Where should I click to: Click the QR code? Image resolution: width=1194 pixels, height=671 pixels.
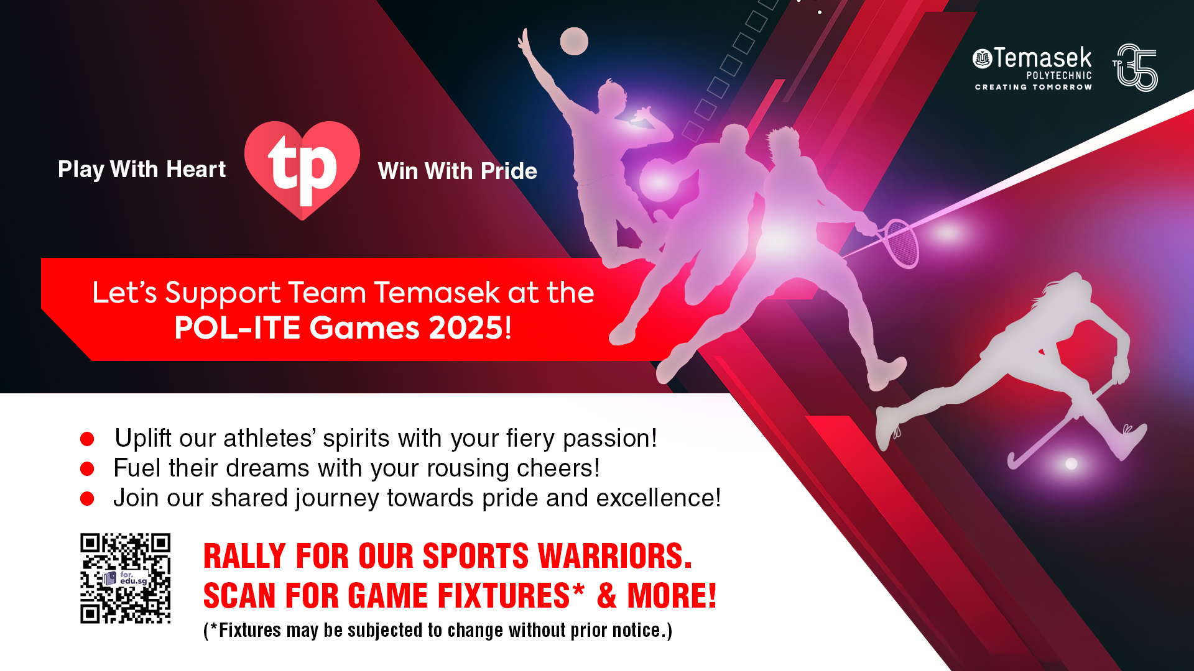(x=125, y=578)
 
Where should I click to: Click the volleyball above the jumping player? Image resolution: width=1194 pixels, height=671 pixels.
(x=574, y=41)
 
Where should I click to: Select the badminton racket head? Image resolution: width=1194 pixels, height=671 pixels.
(x=901, y=243)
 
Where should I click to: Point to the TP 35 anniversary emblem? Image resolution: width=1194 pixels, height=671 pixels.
(x=1135, y=67)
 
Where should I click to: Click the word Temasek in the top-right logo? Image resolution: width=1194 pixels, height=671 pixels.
(x=1043, y=58)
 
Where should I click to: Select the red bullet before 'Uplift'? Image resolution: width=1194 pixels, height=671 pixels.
(x=87, y=439)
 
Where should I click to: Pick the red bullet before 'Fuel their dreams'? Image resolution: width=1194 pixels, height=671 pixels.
(x=87, y=468)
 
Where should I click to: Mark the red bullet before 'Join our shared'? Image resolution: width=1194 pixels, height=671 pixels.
(x=87, y=498)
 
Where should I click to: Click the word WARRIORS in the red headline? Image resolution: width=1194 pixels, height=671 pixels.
(x=614, y=555)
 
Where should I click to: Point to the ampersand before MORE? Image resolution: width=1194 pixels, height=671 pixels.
(x=607, y=595)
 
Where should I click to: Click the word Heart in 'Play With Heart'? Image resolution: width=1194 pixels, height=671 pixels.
(x=196, y=169)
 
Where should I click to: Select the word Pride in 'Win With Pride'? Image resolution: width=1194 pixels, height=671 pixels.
(x=509, y=171)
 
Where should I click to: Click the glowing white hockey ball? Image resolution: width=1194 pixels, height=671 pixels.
(x=1071, y=463)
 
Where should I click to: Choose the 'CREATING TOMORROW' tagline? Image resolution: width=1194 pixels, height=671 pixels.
(x=1034, y=87)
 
